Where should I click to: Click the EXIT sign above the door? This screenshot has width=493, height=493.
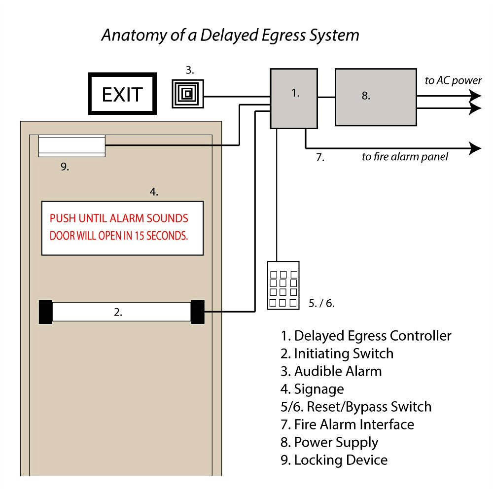122,94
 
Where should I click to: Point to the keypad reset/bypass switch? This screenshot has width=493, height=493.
283,285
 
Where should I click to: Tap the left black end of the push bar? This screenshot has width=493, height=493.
45,312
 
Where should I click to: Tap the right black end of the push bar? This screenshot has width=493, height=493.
198,312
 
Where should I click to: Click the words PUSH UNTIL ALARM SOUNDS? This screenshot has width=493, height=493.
119,218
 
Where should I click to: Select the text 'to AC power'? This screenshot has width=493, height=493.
453,80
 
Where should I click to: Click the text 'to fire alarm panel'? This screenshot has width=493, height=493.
405,157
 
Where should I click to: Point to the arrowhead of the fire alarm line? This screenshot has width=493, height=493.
475,148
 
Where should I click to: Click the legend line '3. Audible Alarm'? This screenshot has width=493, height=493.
331,371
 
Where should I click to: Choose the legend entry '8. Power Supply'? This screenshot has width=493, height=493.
329,442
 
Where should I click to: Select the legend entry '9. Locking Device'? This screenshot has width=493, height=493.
334,460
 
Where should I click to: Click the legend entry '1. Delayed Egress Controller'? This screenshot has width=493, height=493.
366,336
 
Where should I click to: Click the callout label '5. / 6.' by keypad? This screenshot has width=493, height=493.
321,303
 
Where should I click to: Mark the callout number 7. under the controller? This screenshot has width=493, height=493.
320,158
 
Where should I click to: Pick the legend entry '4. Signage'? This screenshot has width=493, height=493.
312,389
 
